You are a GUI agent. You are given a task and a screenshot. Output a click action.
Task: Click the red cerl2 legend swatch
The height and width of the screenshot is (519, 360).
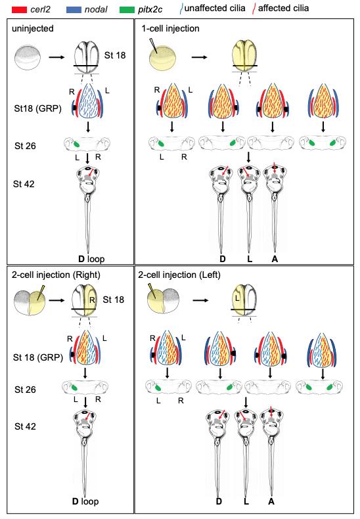point(19,10)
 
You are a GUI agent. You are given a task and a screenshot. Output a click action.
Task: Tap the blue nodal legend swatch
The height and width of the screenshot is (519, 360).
point(74,10)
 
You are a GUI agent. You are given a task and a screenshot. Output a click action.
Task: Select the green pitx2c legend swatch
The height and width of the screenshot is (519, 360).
point(127,10)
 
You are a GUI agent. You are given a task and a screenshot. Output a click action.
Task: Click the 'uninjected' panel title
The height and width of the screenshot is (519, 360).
point(33,28)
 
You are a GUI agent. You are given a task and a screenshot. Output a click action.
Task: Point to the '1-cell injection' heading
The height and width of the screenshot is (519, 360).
point(170,28)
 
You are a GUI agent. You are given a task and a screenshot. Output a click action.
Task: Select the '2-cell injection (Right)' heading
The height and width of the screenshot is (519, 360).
point(56,275)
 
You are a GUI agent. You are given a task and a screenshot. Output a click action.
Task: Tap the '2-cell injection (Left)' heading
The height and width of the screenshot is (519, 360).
point(179,275)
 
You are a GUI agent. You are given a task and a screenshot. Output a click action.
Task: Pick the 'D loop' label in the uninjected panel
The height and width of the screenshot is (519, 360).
point(91,259)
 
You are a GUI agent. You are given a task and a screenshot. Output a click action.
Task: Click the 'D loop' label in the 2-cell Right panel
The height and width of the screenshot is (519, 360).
point(85,501)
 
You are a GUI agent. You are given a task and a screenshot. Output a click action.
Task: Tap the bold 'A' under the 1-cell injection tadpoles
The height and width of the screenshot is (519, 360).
point(275,259)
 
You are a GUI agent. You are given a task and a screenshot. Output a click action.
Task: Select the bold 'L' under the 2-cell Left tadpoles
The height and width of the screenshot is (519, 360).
point(246,501)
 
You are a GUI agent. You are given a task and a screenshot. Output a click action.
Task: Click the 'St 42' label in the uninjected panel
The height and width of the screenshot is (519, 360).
point(24,184)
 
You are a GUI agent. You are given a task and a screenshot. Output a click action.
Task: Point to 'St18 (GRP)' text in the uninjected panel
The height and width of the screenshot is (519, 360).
point(37,108)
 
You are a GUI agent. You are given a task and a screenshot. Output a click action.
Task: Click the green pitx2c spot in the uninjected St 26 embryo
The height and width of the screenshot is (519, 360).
point(76,145)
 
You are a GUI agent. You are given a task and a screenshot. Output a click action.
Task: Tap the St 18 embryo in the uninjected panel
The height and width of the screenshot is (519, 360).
point(86,56)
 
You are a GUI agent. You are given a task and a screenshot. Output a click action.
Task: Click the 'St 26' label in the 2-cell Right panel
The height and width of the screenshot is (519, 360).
point(25,390)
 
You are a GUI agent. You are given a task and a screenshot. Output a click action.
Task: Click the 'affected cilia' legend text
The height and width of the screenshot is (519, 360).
point(284,9)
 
